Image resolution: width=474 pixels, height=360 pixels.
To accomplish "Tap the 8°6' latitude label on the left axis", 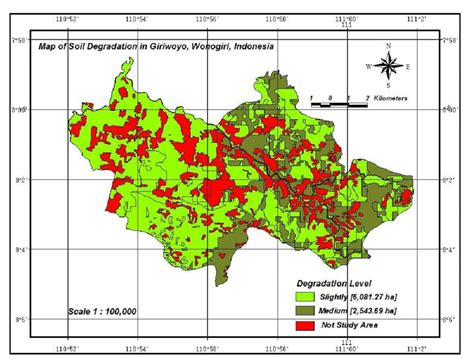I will click(15, 320).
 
